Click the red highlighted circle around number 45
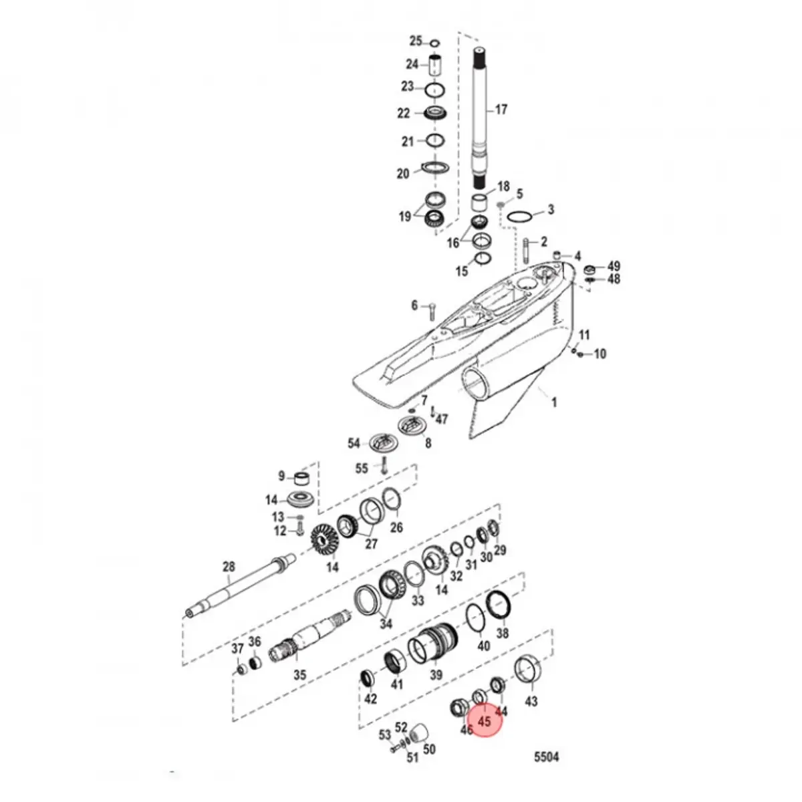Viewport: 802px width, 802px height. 485,721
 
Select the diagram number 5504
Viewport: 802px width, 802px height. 546,757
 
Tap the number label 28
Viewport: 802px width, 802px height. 229,567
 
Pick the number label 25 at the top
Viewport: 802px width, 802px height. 416,41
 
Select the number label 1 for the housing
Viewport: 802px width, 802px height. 553,402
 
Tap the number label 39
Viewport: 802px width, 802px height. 436,676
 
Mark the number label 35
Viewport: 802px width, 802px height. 300,675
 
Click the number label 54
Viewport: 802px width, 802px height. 354,444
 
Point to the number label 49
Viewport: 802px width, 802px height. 614,265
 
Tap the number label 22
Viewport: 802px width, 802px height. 404,113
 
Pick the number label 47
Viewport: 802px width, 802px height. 441,420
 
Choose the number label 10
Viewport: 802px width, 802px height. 599,354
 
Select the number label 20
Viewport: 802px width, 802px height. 403,174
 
